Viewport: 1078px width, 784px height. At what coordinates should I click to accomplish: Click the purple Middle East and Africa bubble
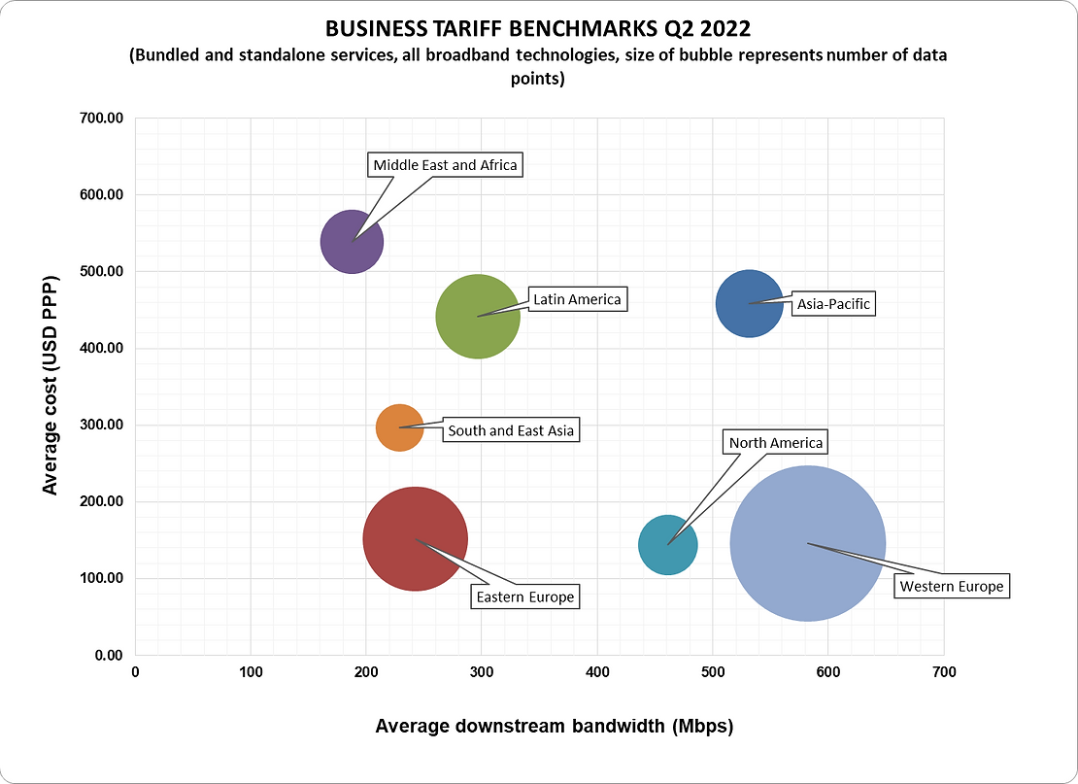[x=352, y=242]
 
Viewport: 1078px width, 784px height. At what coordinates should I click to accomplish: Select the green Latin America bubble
[x=478, y=317]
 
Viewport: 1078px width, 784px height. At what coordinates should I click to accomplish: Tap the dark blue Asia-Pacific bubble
[x=749, y=303]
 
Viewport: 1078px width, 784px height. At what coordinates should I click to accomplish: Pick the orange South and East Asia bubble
[x=399, y=427]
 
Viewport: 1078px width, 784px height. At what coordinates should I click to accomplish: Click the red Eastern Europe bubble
[x=415, y=539]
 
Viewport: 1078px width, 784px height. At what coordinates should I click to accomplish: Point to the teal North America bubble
[x=667, y=545]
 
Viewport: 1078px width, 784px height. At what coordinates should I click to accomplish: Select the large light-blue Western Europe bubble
[x=807, y=543]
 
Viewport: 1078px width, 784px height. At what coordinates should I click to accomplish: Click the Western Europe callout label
[x=951, y=587]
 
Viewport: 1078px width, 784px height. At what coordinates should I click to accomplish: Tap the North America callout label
[x=775, y=443]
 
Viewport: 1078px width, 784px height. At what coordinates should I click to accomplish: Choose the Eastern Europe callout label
[x=524, y=597]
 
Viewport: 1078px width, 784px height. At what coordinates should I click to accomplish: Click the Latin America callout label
[x=577, y=299]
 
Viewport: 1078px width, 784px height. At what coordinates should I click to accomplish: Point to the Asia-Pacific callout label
[x=833, y=304]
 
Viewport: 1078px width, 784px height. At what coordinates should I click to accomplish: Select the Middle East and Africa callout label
[x=446, y=165]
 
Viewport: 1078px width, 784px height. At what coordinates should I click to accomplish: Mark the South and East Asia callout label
[x=511, y=430]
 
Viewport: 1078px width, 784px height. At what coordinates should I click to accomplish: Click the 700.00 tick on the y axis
[x=101, y=119]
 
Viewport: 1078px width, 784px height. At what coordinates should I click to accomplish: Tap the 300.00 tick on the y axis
[x=101, y=426]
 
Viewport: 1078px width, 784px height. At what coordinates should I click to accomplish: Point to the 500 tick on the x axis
[x=713, y=672]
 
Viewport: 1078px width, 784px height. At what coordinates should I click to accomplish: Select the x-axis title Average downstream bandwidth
[x=554, y=726]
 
